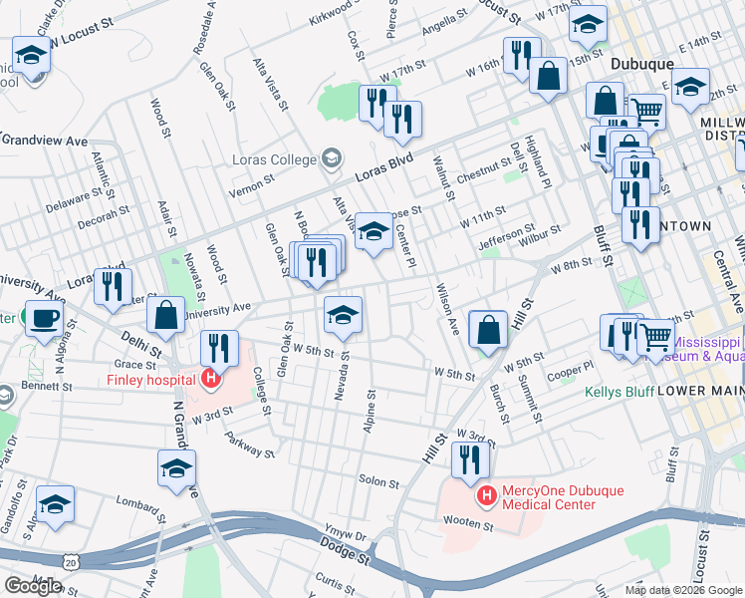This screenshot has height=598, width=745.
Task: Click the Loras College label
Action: pyautogui.click(x=273, y=158)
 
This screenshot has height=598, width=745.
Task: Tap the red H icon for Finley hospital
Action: pyautogui.click(x=210, y=379)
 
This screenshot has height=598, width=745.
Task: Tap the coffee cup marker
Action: pyautogui.click(x=43, y=319)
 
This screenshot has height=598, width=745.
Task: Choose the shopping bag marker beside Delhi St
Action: pyautogui.click(x=166, y=314)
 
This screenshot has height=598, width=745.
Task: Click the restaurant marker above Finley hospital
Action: pyautogui.click(x=219, y=348)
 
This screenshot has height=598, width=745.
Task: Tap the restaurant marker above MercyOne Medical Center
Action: pyautogui.click(x=470, y=459)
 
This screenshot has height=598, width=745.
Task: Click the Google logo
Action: pyautogui.click(x=33, y=586)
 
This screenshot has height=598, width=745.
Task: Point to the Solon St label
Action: pyautogui.click(x=377, y=482)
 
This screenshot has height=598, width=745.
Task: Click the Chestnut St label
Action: pyautogui.click(x=482, y=176)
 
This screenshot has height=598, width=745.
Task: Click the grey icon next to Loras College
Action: pyautogui.click(x=331, y=158)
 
